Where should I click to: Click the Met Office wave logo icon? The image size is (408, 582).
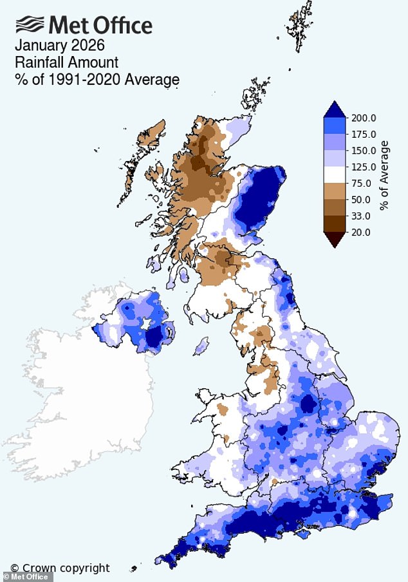(x=30, y=25)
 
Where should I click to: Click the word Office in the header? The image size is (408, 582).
(x=122, y=25)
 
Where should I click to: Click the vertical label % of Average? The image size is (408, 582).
(x=384, y=175)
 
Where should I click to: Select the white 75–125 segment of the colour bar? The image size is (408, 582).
(x=335, y=174)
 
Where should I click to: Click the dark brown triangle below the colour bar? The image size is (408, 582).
(x=335, y=239)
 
